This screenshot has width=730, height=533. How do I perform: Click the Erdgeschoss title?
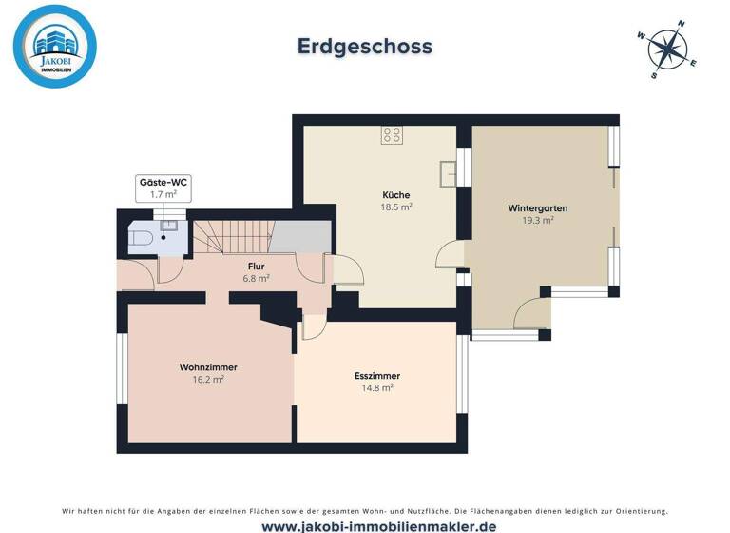[x=365, y=46]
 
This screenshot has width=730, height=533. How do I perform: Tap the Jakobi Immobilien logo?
[x=55, y=47]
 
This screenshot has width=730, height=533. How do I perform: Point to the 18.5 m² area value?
[x=395, y=207]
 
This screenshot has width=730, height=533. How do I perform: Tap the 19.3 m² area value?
[x=537, y=220]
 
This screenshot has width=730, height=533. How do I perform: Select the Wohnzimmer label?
[x=207, y=366]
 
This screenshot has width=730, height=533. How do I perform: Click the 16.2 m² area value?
[x=207, y=380]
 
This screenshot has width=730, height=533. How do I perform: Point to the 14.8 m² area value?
[x=377, y=388]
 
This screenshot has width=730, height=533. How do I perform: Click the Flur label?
[x=256, y=266]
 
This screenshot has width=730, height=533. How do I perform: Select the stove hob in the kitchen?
[x=391, y=136]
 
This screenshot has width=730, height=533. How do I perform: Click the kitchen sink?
[x=449, y=173]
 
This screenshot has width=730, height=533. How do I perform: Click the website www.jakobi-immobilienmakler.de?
[x=365, y=525]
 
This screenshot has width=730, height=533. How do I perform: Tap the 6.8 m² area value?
[x=256, y=279]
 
